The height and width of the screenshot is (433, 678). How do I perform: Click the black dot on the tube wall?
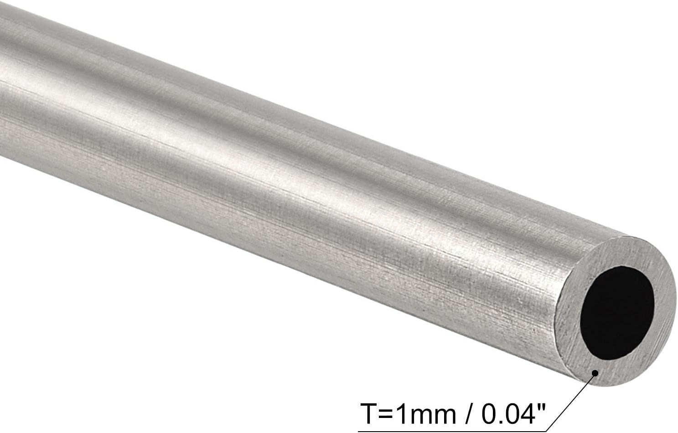(595, 373)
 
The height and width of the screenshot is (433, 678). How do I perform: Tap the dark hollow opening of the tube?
(617, 313)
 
